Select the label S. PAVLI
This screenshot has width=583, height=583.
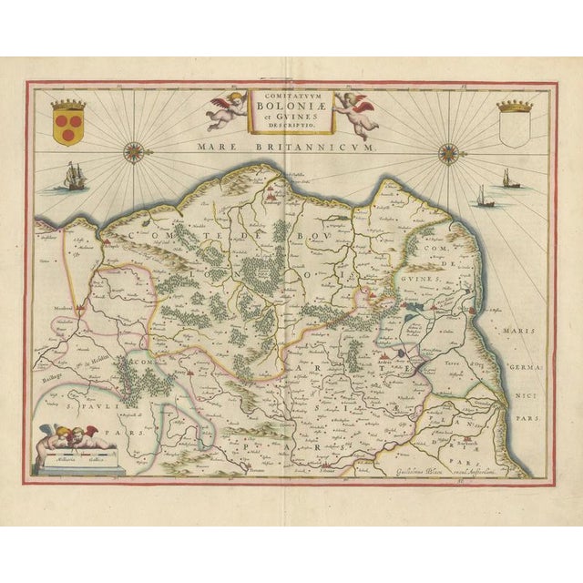coord(83,398)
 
